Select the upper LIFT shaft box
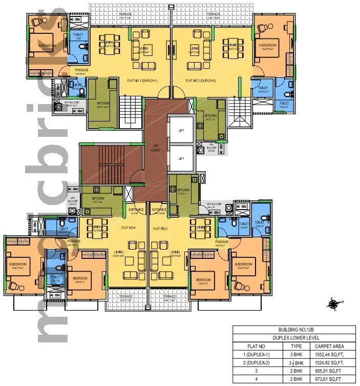click(181, 131)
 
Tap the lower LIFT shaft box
click(181, 159)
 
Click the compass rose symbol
click(333, 304)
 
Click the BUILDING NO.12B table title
click(294, 330)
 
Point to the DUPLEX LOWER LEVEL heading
click(294, 338)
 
